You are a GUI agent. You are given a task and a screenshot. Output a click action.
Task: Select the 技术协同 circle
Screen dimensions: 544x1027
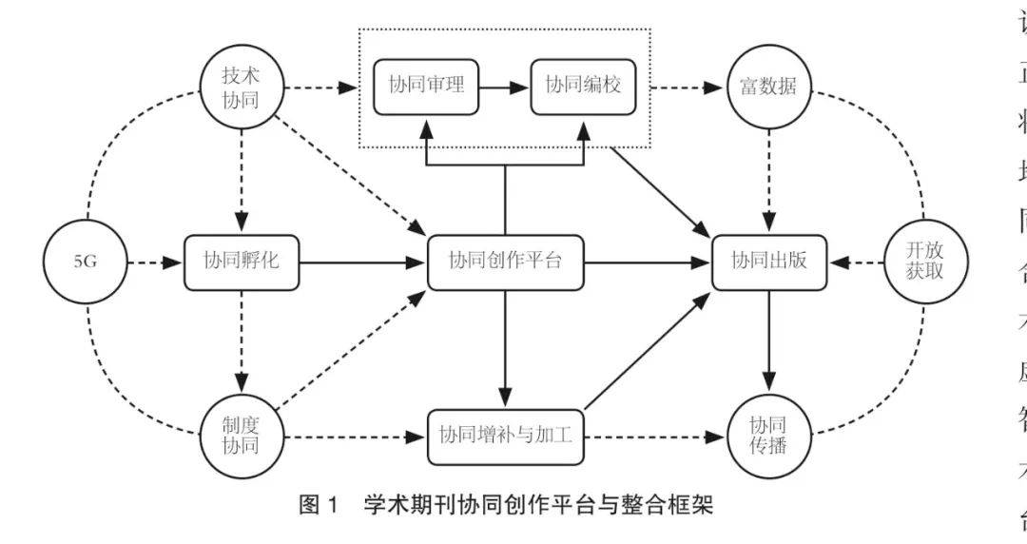241,89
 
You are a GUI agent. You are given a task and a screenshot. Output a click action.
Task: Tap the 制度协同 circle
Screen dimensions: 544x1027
241,433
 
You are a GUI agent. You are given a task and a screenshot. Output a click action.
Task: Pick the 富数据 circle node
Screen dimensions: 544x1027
767,89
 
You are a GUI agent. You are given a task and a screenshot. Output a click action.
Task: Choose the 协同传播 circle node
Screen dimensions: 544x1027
767,435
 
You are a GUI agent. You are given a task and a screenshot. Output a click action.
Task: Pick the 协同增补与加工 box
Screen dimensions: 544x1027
505,437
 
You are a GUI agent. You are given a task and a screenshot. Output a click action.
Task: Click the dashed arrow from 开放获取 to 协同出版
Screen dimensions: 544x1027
856,261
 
